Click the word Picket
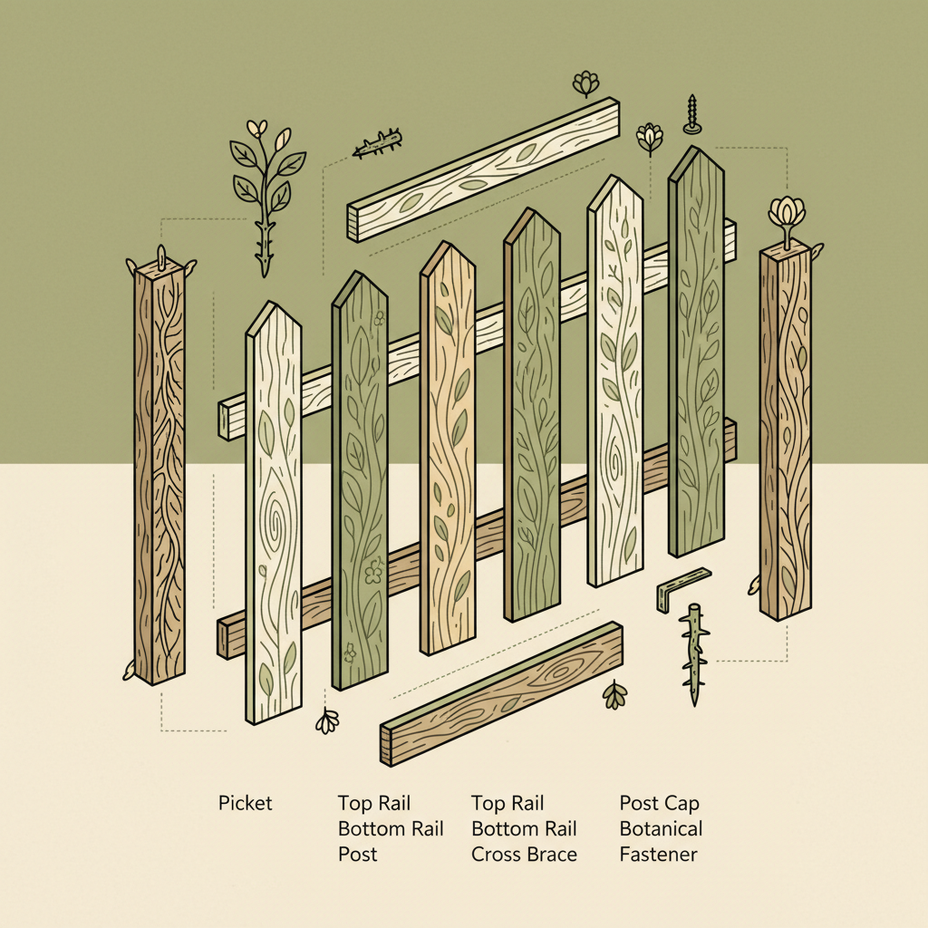tap(245, 803)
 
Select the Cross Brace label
tap(524, 854)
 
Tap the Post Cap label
tap(659, 803)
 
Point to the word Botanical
tap(661, 828)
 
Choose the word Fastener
tap(658, 854)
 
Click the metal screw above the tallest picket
tap(692, 114)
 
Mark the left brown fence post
tap(159, 471)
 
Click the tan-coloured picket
tap(448, 453)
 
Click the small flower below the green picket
tap(327, 720)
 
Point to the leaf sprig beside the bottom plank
tap(615, 694)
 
